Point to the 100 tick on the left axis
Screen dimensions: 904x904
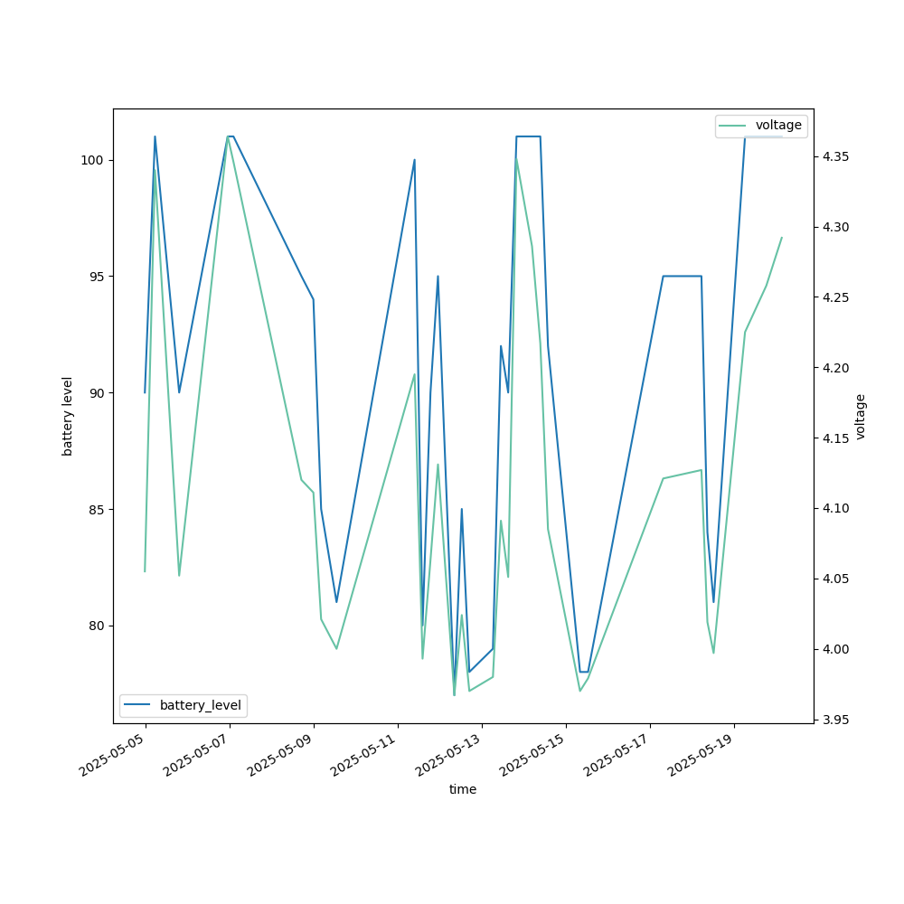(93, 160)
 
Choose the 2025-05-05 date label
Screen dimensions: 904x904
(114, 756)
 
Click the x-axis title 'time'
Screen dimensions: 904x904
(463, 789)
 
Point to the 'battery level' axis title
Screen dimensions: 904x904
(68, 416)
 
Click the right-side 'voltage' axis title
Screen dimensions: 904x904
(861, 416)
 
